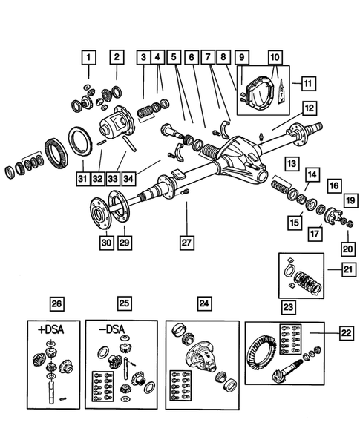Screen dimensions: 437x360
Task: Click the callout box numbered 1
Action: pyautogui.click(x=88, y=56)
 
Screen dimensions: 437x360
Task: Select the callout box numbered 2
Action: pyautogui.click(x=117, y=56)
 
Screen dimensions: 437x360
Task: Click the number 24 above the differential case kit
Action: pyautogui.click(x=203, y=303)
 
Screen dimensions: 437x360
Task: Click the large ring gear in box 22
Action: pyautogui.click(x=263, y=359)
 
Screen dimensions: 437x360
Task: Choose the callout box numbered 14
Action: pyautogui.click(x=312, y=174)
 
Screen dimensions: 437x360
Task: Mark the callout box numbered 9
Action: pyautogui.click(x=240, y=56)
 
